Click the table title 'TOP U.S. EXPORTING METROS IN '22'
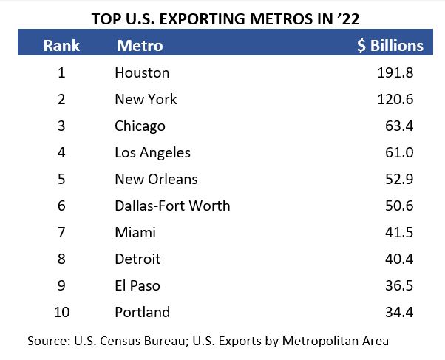pyautogui.click(x=223, y=18)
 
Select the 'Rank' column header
pyautogui.click(x=61, y=46)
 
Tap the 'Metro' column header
pyautogui.click(x=140, y=46)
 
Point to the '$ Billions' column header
pyautogui.click(x=390, y=46)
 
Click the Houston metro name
pyautogui.click(x=142, y=72)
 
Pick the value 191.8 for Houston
pyautogui.click(x=395, y=72)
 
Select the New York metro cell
pyautogui.click(x=146, y=99)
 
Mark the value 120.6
pyautogui.click(x=395, y=99)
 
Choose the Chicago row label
pyautogui.click(x=140, y=126)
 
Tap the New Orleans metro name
pyautogui.click(x=156, y=179)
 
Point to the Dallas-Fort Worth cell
pyautogui.click(x=172, y=206)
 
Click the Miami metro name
pyautogui.click(x=135, y=232)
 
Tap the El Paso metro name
pyautogui.click(x=137, y=285)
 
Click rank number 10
pyautogui.click(x=61, y=312)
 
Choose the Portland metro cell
pyautogui.click(x=142, y=312)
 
